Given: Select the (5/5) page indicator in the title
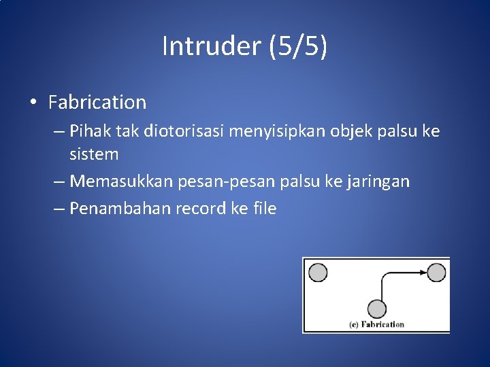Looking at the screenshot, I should pyautogui.click(x=298, y=46).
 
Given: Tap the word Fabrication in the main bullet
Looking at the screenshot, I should pyautogui.click(x=97, y=103).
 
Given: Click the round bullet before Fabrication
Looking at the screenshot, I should pyautogui.click(x=33, y=103).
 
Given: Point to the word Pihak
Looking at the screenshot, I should pyautogui.click(x=87, y=130).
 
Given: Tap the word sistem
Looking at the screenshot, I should pyautogui.click(x=94, y=154).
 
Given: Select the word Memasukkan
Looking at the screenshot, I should pyautogui.click(x=122, y=181).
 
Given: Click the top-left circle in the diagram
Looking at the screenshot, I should pyautogui.click(x=318, y=273).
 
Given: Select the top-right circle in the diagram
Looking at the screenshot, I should pyautogui.click(x=436, y=273).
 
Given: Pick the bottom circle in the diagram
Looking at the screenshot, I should pyautogui.click(x=376, y=308).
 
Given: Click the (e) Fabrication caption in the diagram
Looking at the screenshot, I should pyautogui.click(x=376, y=324).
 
